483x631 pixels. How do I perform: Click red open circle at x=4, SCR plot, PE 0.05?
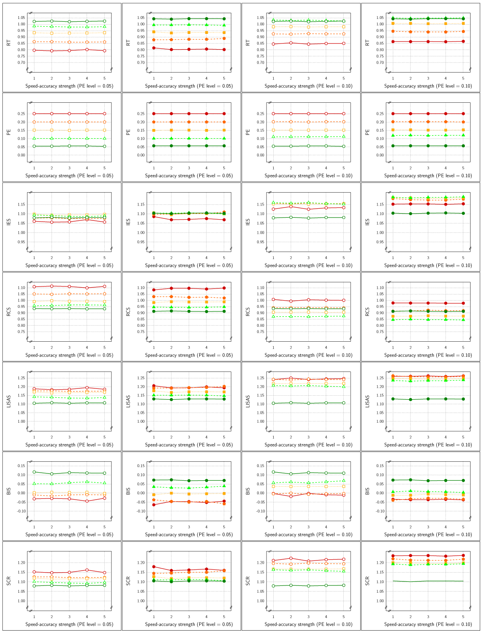click(87, 570)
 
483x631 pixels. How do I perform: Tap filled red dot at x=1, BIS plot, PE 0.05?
click(153, 504)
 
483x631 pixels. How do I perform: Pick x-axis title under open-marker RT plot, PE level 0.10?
click(308, 86)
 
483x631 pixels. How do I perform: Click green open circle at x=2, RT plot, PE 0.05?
click(52, 21)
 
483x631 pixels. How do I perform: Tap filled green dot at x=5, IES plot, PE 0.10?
click(463, 213)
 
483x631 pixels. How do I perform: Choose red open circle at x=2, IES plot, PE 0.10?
click(291, 206)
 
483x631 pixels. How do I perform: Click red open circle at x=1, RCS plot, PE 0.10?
click(273, 299)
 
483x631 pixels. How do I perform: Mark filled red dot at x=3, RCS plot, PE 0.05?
click(189, 288)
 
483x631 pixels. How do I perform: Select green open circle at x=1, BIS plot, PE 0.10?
click(273, 472)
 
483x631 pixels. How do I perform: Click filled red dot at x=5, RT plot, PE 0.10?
click(463, 41)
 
